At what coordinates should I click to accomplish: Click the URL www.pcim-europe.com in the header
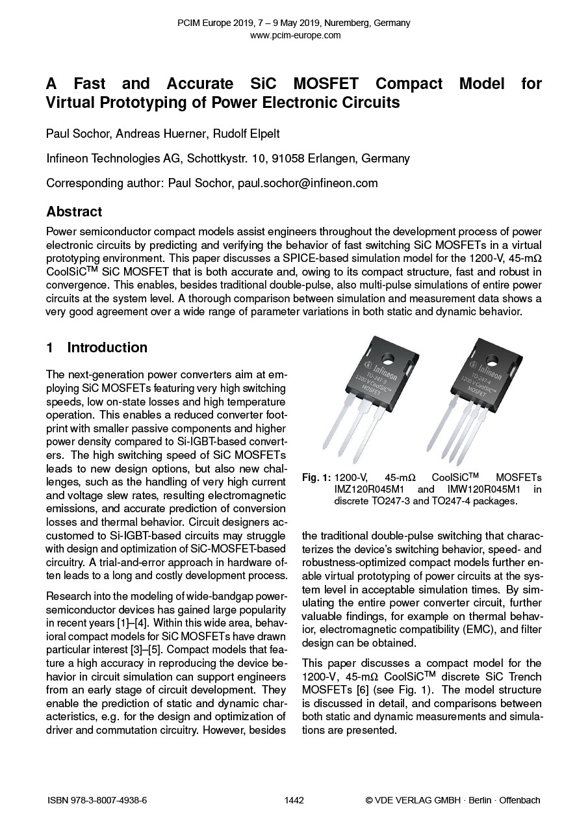click(295, 35)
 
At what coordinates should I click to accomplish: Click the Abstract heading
click(74, 212)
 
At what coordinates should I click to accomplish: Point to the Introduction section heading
click(107, 348)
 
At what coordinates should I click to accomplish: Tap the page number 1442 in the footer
click(294, 800)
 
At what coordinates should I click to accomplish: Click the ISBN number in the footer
click(97, 800)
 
